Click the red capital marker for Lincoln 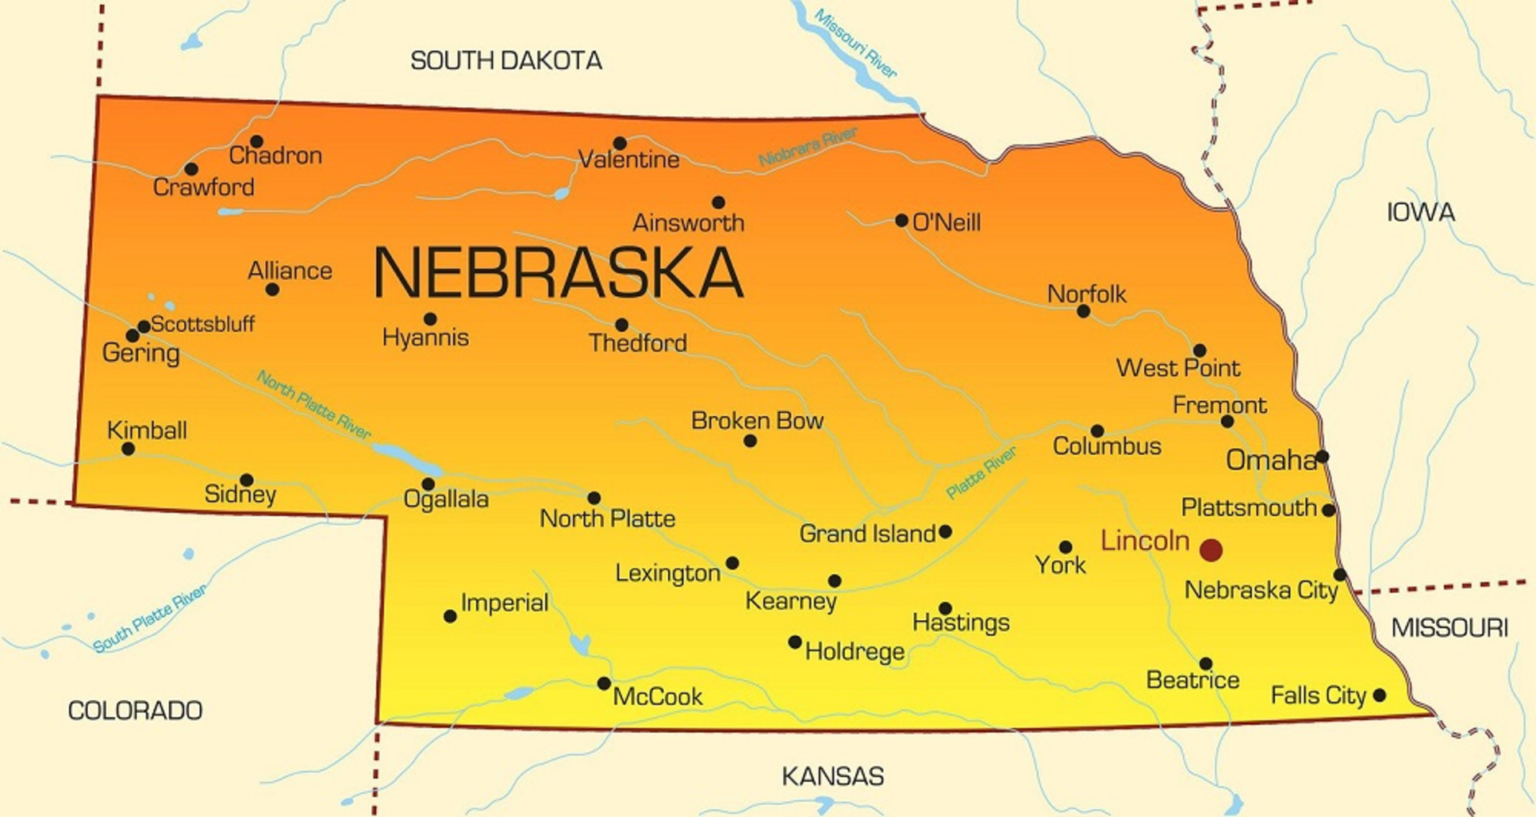pos(1211,550)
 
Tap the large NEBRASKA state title pos(558,273)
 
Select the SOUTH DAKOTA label pos(506,61)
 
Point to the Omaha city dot pos(1322,457)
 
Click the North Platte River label pos(314,405)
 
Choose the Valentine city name pos(629,160)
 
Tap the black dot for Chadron pos(257,142)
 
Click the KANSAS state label pos(833,776)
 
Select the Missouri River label pos(855,43)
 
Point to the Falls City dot pos(1379,695)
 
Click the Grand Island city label pos(867,534)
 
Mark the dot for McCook pos(604,683)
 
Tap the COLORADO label pos(135,711)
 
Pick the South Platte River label pos(150,618)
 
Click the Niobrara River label pos(807,146)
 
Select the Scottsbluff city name pos(202,324)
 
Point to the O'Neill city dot pos(902,220)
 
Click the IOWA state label pos(1420,213)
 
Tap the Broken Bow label pos(757,421)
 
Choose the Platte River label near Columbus pos(981,472)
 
